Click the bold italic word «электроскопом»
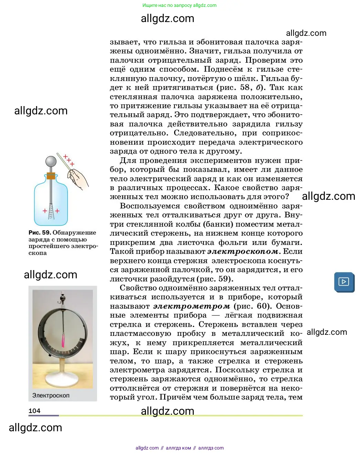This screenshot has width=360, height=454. point(243,251)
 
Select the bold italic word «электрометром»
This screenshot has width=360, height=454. point(191,306)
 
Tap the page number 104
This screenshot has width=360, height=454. point(34,411)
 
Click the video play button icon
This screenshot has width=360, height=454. point(344,282)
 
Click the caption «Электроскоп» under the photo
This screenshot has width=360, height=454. point(51,395)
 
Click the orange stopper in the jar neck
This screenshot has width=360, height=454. point(51,176)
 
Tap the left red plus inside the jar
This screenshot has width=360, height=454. point(45,210)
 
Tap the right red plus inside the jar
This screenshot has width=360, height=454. point(57,210)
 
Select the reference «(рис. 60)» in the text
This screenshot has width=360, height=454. point(252,306)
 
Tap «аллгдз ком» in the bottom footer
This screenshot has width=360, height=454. point(178,448)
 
